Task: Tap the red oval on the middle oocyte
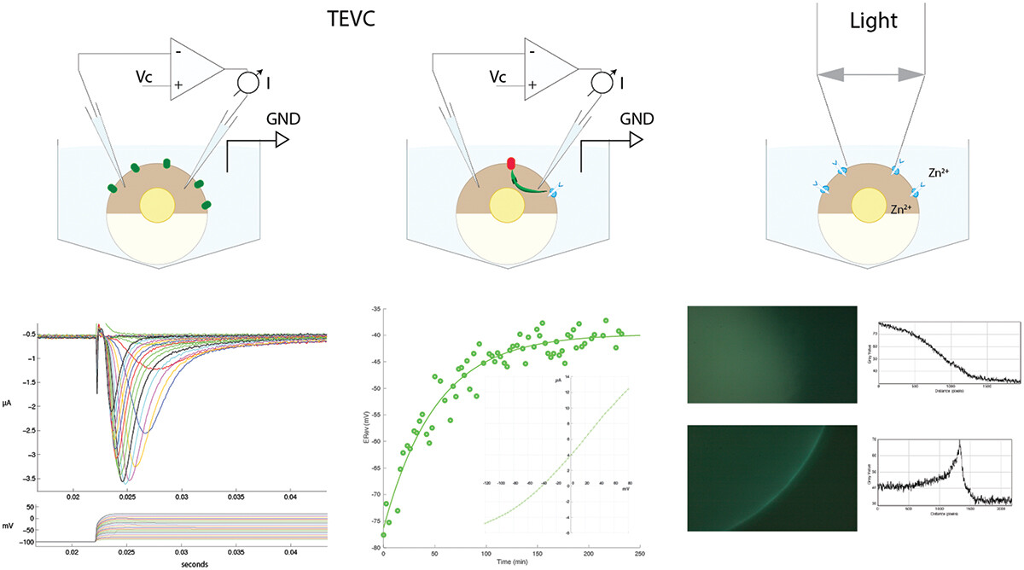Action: click(x=511, y=162)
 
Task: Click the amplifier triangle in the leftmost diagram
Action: click(x=193, y=69)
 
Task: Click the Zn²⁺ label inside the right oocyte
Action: click(x=903, y=209)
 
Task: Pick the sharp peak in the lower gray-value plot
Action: click(x=960, y=441)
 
